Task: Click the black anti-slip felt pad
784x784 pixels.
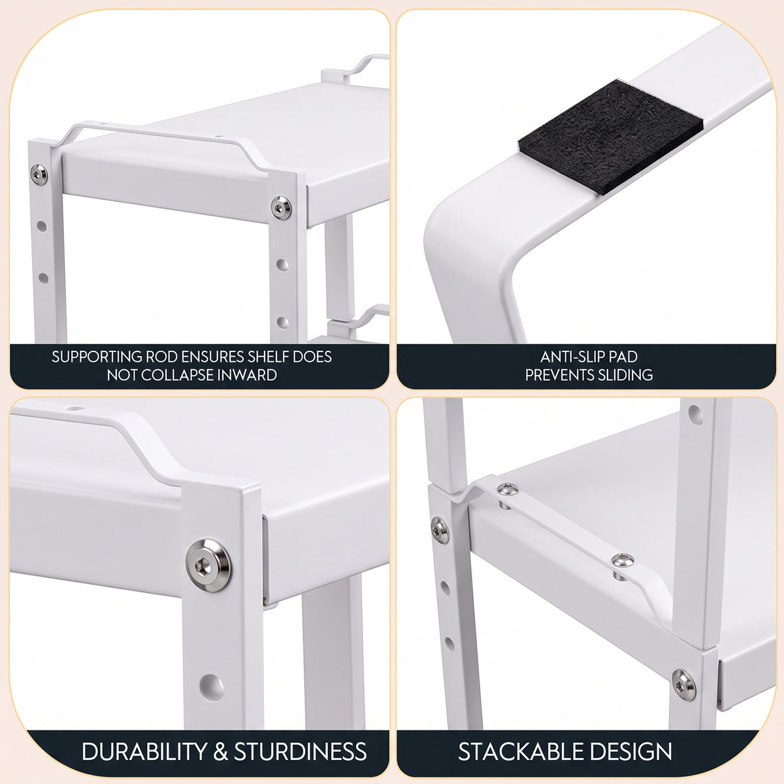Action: [x=610, y=137]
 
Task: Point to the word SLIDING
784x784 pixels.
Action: [x=627, y=375]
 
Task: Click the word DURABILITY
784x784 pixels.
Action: [x=144, y=751]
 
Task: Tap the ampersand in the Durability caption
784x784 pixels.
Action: [x=220, y=751]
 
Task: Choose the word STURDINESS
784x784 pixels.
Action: [x=301, y=751]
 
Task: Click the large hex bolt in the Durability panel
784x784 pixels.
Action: [x=208, y=565]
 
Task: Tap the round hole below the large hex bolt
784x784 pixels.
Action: [x=212, y=687]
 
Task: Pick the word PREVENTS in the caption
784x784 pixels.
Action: [x=560, y=375]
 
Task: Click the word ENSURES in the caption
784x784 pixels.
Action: [x=212, y=357]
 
